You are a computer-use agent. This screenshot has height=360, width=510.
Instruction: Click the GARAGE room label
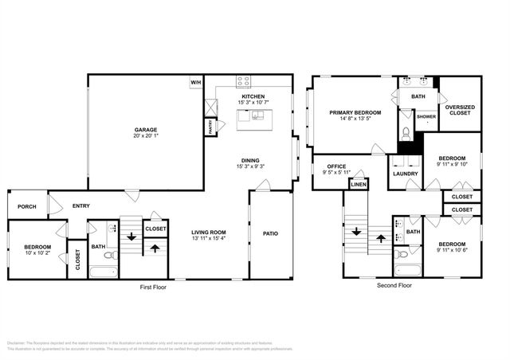tap(145, 129)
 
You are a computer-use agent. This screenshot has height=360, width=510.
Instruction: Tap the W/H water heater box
tap(195, 82)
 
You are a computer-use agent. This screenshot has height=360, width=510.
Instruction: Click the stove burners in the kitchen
tap(244, 81)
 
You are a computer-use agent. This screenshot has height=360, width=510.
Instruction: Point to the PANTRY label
tap(210, 125)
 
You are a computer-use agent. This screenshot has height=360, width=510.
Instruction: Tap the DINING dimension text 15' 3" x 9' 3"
tap(253, 166)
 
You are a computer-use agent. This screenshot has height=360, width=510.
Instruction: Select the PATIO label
tap(270, 233)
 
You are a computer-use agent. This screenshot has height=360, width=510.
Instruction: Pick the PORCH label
tap(26, 205)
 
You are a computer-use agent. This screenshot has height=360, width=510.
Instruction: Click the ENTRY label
tap(80, 205)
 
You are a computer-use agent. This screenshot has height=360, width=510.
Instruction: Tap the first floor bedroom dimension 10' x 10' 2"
tap(37, 252)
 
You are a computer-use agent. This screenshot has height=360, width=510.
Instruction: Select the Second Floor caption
tap(394, 284)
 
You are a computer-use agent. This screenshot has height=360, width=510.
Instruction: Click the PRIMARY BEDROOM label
tap(355, 113)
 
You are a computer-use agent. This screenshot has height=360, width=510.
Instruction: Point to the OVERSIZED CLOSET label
tap(460, 110)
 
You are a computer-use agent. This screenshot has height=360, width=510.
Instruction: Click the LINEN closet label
tap(358, 185)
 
